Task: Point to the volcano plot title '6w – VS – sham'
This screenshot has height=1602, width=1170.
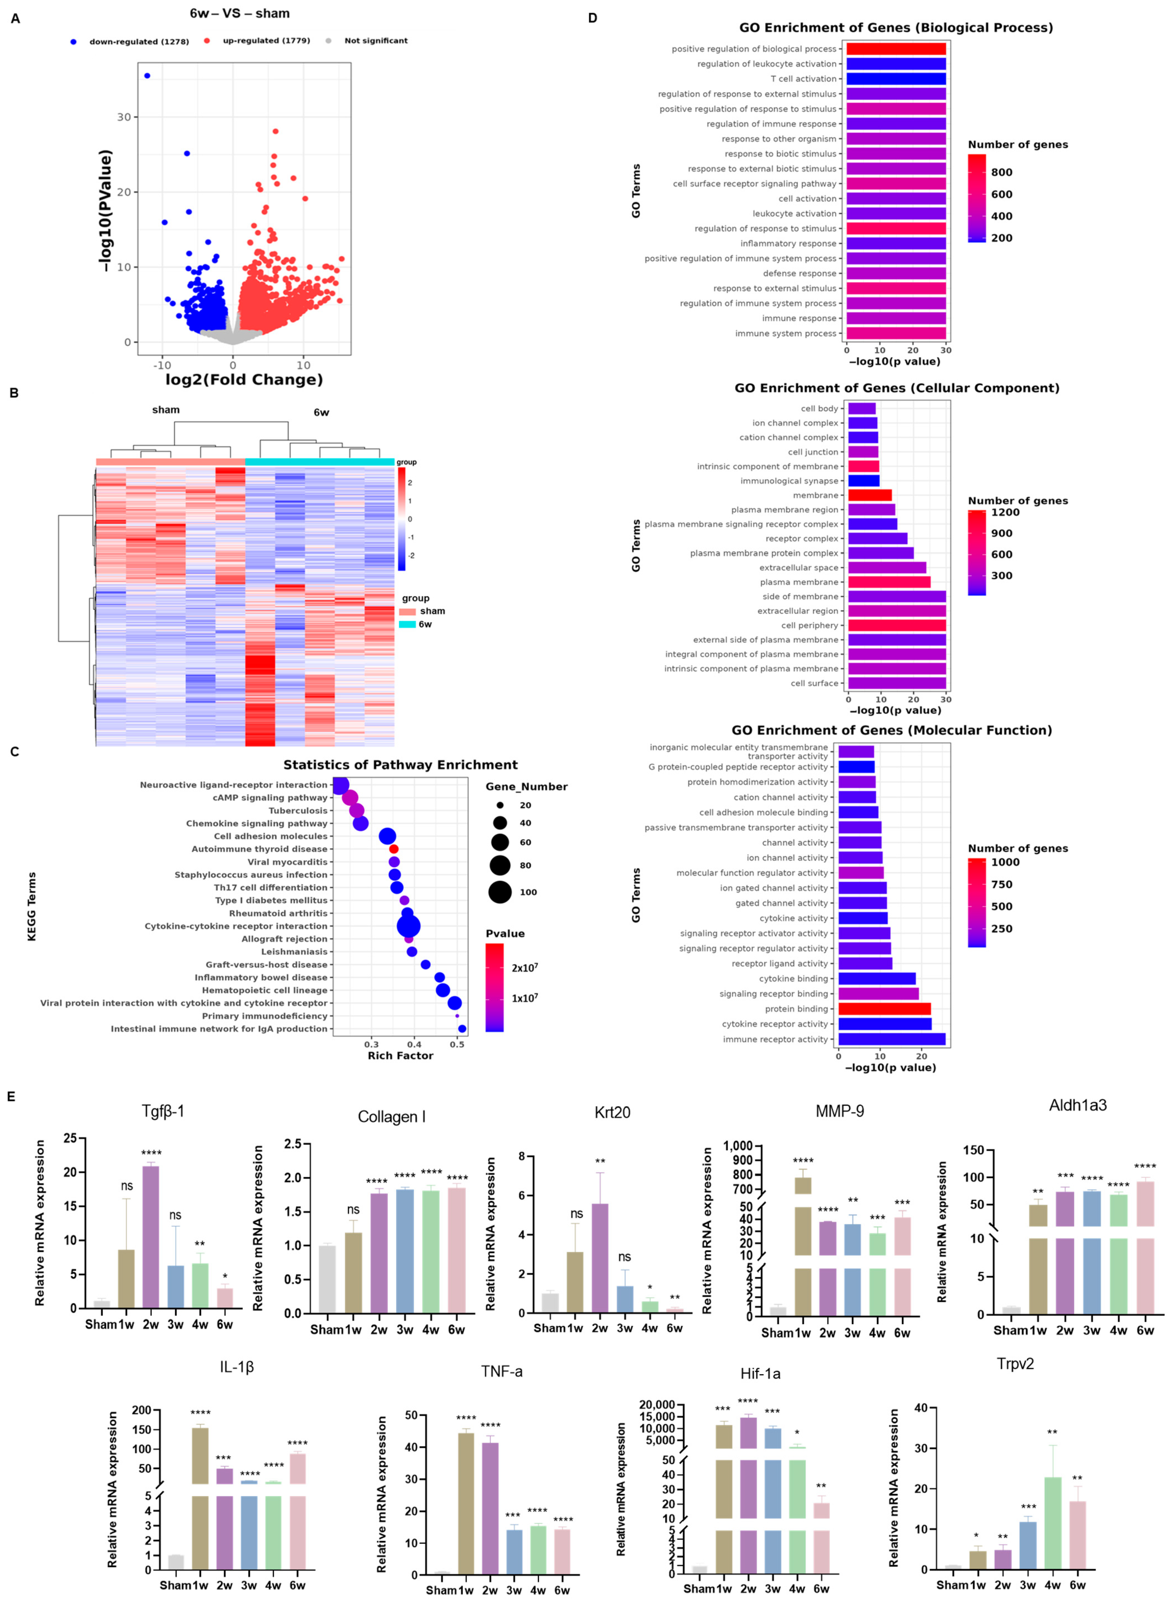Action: coord(239,14)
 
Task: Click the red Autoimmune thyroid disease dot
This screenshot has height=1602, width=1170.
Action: coord(394,849)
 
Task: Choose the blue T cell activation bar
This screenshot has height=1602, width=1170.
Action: coord(896,79)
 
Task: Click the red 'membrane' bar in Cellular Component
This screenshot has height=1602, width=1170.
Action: coord(870,495)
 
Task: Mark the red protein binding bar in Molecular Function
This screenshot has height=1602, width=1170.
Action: coord(884,1008)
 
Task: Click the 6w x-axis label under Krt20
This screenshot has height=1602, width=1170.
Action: coord(674,1328)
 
